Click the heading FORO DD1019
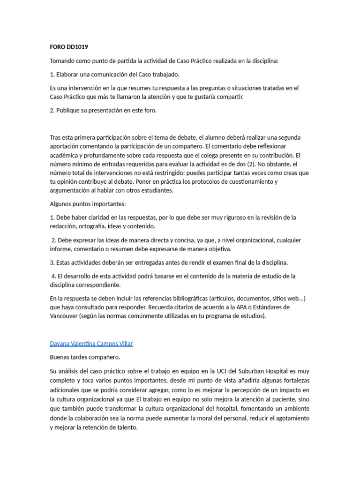point(69,47)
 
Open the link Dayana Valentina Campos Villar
point(91,344)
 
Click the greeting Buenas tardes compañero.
point(85,357)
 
